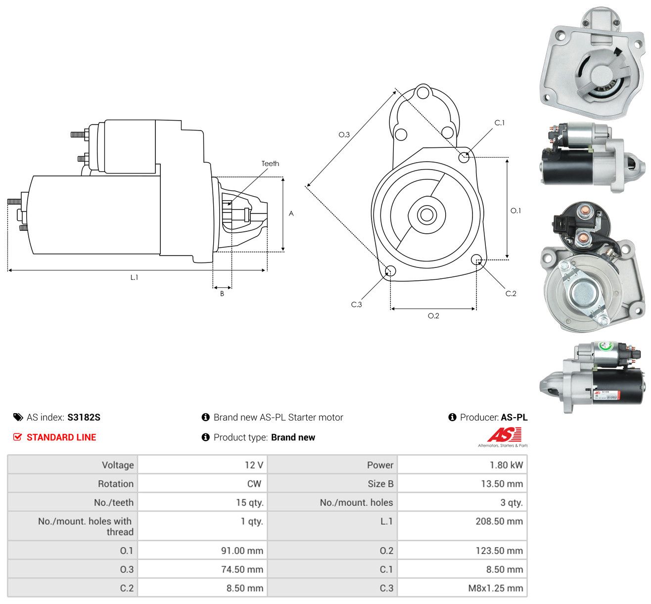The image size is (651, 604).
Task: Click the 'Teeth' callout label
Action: pyautogui.click(x=270, y=164)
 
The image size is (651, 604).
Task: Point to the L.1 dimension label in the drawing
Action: pyautogui.click(x=134, y=277)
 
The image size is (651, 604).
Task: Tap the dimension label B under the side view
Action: pyautogui.click(x=222, y=294)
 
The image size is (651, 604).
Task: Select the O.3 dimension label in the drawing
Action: pyautogui.click(x=344, y=134)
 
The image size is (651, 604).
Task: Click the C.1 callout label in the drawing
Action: pyautogui.click(x=499, y=123)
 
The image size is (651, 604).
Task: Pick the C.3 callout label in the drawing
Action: pyautogui.click(x=356, y=304)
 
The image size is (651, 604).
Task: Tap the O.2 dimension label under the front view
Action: pyautogui.click(x=433, y=316)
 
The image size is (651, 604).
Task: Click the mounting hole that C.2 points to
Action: pyautogui.click(x=476, y=260)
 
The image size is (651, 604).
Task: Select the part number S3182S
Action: pyautogui.click(x=84, y=417)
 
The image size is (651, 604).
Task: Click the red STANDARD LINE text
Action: pyautogui.click(x=61, y=437)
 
